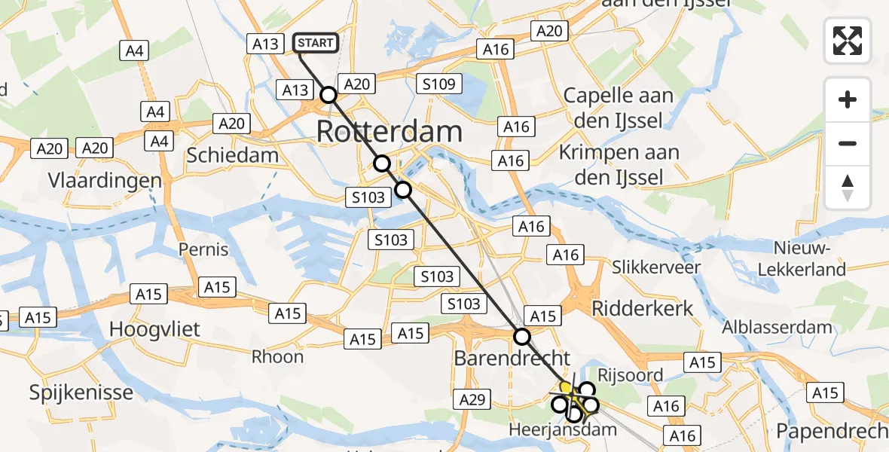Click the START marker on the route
(316, 43)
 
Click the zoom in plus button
(848, 99)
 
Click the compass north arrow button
(848, 188)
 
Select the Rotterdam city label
(389, 131)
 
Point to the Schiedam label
(232, 156)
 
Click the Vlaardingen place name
(105, 181)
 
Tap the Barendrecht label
(512, 358)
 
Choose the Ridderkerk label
(643, 307)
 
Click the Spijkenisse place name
(81, 392)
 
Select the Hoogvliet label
(155, 329)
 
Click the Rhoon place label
(278, 356)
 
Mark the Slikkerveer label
(656, 267)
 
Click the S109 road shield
(438, 84)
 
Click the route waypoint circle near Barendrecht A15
(521, 336)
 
